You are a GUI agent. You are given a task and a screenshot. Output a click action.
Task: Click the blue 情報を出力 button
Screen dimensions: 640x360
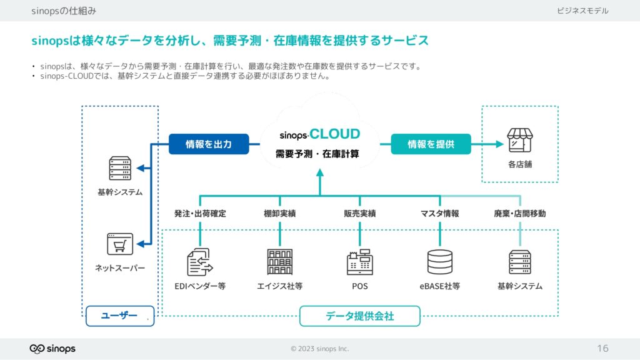[x=209, y=144]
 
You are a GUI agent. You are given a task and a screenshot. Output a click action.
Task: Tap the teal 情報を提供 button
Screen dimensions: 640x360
[x=431, y=144]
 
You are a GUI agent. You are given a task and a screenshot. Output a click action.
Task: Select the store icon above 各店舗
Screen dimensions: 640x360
[x=519, y=140]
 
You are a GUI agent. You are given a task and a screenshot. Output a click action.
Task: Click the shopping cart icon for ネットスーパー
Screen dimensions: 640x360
[x=119, y=244]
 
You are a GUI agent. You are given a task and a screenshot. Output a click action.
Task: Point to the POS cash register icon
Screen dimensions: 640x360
[x=359, y=262]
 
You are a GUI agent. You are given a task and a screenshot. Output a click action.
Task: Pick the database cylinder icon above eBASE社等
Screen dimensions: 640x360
[x=439, y=262]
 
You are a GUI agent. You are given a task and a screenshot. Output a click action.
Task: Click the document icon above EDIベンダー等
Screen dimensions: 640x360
[x=199, y=262]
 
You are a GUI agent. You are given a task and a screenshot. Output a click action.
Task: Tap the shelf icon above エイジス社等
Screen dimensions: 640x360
[x=279, y=262]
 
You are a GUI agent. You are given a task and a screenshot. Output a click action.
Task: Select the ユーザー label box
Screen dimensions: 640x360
[x=120, y=316]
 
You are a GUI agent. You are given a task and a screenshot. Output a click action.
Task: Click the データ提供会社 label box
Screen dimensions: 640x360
[x=359, y=316]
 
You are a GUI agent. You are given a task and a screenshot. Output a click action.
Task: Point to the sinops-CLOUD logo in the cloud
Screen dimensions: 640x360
[x=319, y=134]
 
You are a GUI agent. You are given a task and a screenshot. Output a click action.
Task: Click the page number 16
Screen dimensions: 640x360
[x=602, y=349]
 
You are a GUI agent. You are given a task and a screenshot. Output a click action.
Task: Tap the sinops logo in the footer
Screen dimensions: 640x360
[x=52, y=349]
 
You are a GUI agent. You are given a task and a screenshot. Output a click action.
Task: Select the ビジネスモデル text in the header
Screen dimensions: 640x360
[x=582, y=11]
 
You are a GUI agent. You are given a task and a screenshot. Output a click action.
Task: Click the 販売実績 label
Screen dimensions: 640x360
[x=359, y=214]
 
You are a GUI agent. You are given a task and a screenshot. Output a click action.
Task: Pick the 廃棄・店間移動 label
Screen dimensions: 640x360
[x=519, y=214]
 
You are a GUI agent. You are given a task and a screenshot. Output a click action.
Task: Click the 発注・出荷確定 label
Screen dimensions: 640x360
[x=200, y=214]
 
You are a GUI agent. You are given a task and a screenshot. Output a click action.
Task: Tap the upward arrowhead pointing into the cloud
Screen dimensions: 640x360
[x=320, y=173]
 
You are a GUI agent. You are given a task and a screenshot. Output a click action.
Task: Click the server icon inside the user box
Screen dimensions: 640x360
[x=120, y=168]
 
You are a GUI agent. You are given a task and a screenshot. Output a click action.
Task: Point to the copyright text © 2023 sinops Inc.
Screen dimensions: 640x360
[x=319, y=349]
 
